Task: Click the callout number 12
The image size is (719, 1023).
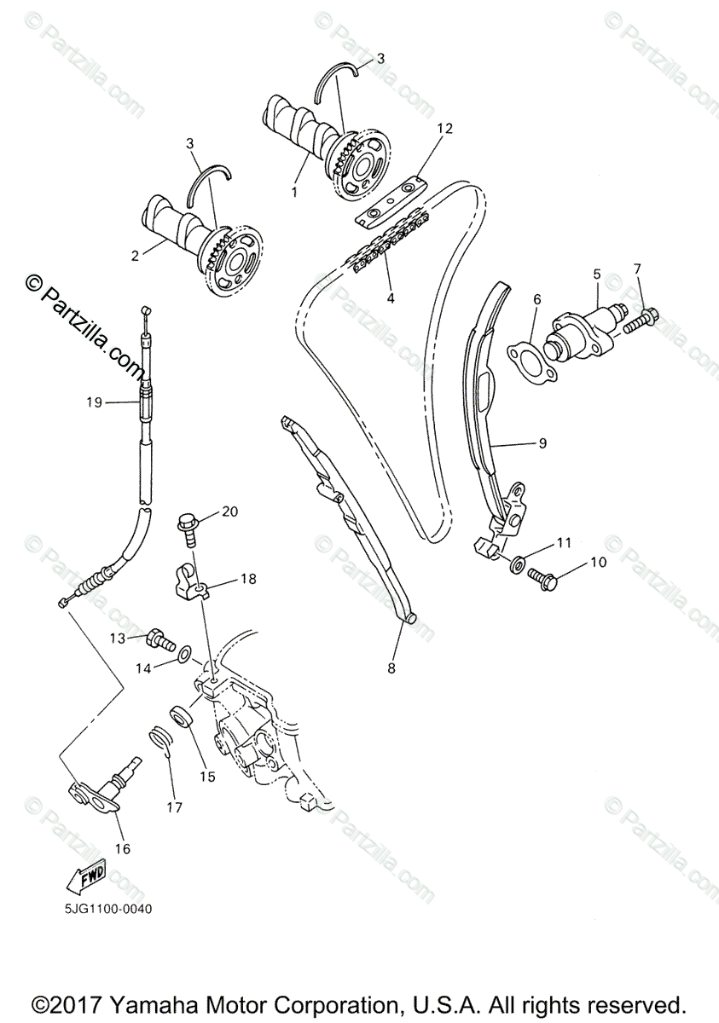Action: click(x=444, y=129)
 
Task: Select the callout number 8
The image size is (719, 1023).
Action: click(x=391, y=669)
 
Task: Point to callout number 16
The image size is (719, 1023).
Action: click(x=123, y=848)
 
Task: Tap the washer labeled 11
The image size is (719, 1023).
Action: click(x=517, y=564)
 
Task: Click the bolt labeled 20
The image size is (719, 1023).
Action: click(x=188, y=527)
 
